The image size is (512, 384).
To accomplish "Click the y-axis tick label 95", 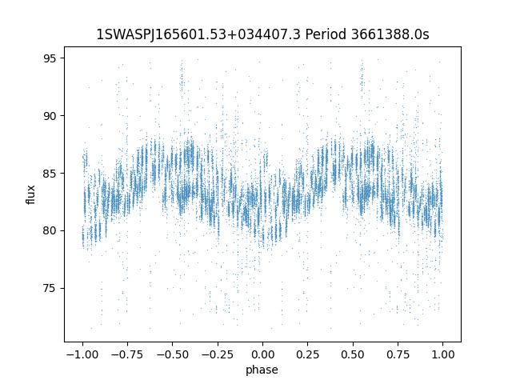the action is pos(50,58).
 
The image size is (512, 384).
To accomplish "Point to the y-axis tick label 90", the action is pos(50,115).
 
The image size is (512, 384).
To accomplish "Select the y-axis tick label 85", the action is pos(50,173).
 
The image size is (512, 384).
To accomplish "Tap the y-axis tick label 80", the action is pos(50,230).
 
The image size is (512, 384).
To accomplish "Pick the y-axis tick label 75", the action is pos(50,288).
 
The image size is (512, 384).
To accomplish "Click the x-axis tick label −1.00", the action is pos(82,354).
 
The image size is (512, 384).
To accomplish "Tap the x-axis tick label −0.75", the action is pos(127,354).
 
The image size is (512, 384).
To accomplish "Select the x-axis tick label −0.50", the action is pos(173,354).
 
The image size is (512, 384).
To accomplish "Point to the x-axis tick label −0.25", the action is pos(218,354).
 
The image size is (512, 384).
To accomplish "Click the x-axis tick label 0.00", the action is pos(262,354).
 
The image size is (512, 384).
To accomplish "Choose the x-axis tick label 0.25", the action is pos(307,354).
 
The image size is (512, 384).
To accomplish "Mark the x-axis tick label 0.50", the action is pos(353,354).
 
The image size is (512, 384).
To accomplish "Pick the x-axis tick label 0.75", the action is pos(398,354).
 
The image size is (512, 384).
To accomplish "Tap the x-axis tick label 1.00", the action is pos(442,354).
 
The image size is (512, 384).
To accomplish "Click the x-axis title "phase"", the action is pos(262,370).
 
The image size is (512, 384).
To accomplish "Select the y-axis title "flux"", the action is pos(30,194).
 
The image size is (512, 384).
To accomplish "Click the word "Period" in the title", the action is pos(326,34).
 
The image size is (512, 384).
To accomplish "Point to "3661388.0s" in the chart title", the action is pos(390,34).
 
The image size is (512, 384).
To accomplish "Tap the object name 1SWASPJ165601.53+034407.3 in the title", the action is pos(198,34).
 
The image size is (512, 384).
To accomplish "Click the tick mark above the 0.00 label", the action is pos(262,344).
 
